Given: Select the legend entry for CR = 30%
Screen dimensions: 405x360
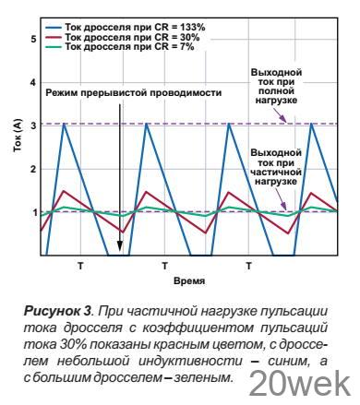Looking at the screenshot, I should click(120, 37).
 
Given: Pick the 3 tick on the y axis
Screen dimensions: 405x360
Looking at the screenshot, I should click(34, 125).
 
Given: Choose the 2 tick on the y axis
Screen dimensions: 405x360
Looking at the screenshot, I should click(34, 169).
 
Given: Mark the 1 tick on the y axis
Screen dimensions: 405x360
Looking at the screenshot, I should click(34, 212).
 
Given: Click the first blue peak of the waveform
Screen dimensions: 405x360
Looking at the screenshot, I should click(65, 124).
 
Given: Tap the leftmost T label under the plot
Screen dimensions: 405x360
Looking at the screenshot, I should click(80, 265).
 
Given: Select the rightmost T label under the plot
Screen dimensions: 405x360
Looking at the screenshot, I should click(248, 265).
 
